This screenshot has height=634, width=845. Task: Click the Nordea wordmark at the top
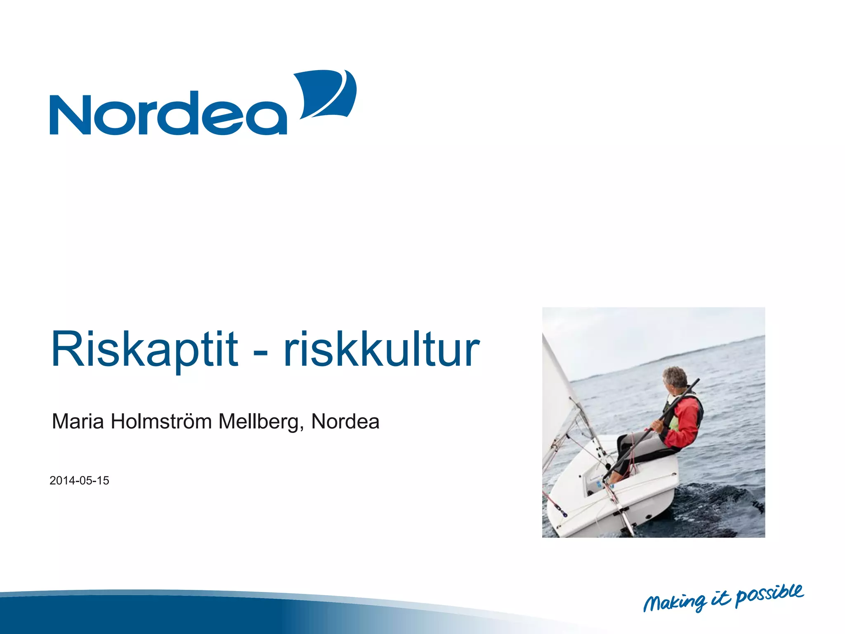pos(168,114)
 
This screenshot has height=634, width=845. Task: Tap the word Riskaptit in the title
pos(144,349)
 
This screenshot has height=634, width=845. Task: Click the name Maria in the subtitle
pos(78,421)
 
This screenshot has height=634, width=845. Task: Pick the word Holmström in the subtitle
pos(161,421)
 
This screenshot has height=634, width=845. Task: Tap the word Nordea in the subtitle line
pos(345,421)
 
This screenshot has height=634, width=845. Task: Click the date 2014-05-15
pos(79,480)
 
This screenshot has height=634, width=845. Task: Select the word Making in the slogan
pos(675,603)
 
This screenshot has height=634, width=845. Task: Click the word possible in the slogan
pos(770,594)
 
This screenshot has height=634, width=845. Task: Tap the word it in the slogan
pos(721,599)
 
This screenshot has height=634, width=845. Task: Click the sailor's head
pos(675,378)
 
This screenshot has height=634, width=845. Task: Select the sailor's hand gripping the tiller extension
pos(655,426)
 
